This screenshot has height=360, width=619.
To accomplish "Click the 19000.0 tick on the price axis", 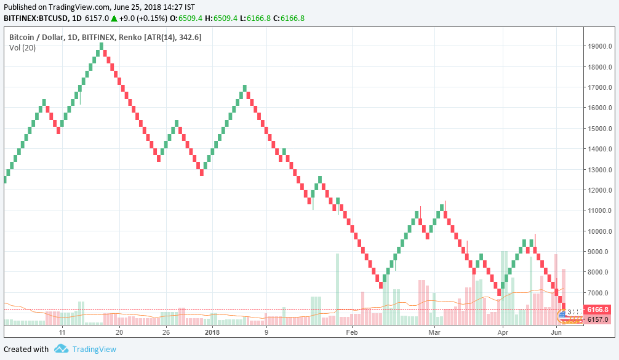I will [599, 46].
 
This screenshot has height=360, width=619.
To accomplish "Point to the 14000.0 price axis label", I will [599, 149].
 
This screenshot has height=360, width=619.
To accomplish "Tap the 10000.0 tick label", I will [599, 231].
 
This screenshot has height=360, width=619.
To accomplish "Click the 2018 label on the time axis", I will [212, 332].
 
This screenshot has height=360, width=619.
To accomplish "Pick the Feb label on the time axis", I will [351, 332].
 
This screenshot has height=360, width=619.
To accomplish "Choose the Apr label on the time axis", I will [503, 332].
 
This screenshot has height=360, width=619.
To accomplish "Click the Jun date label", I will [556, 332].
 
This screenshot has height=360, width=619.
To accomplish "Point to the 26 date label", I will [166, 332].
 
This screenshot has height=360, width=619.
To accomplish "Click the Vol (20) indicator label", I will [22, 48].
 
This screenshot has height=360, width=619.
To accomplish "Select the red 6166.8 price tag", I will [597, 310].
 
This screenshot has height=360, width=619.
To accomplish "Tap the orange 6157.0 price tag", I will [597, 319].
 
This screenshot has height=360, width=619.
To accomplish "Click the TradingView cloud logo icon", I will [61, 349].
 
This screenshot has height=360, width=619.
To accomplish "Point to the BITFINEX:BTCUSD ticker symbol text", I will [36, 18].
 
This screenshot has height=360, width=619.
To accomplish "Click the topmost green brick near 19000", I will [102, 46].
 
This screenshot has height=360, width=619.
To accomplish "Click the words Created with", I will [26, 349].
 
